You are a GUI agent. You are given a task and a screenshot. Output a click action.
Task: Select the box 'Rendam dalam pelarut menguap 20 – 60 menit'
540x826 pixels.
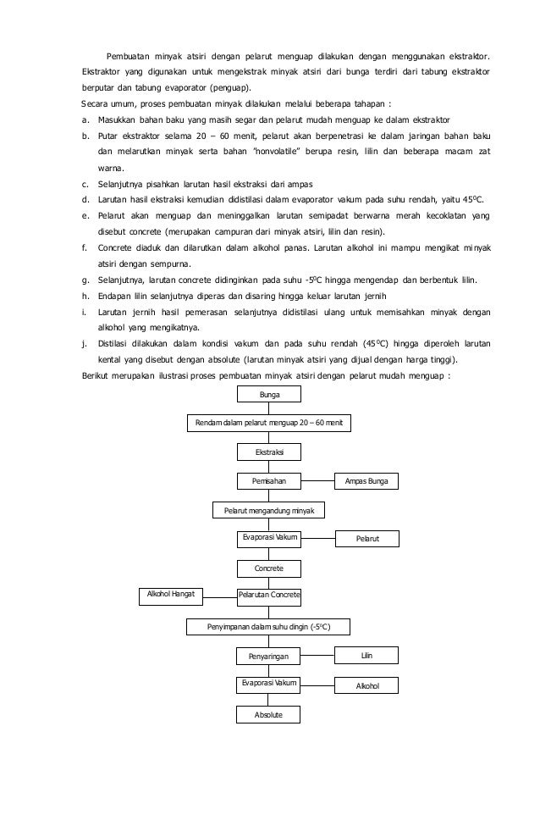268,423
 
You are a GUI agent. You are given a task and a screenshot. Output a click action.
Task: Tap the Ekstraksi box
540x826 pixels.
269,453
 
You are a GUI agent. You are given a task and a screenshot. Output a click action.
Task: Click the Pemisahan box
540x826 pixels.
269,481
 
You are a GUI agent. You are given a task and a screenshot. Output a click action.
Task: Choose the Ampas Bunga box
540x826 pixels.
366,481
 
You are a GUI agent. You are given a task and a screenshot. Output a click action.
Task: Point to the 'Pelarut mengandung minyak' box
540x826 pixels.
268,511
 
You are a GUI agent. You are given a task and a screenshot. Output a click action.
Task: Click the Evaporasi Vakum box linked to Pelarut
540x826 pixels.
269,538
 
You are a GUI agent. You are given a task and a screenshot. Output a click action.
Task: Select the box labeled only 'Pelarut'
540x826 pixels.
366,539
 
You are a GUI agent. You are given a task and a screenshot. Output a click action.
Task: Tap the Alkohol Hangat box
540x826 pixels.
171,596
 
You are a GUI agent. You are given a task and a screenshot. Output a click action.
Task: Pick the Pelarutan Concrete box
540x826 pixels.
269,596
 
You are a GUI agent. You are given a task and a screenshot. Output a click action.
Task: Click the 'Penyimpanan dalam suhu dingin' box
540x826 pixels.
268,627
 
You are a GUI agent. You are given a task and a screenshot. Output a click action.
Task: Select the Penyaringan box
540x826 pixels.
269,657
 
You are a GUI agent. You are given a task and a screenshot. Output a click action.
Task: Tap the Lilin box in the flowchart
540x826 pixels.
366,655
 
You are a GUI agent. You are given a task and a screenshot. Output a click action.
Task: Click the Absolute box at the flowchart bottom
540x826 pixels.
269,716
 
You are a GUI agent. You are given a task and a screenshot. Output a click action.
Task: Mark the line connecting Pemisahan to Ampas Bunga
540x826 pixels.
318,481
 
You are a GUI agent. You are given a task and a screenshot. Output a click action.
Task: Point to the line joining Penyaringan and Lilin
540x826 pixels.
318,655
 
